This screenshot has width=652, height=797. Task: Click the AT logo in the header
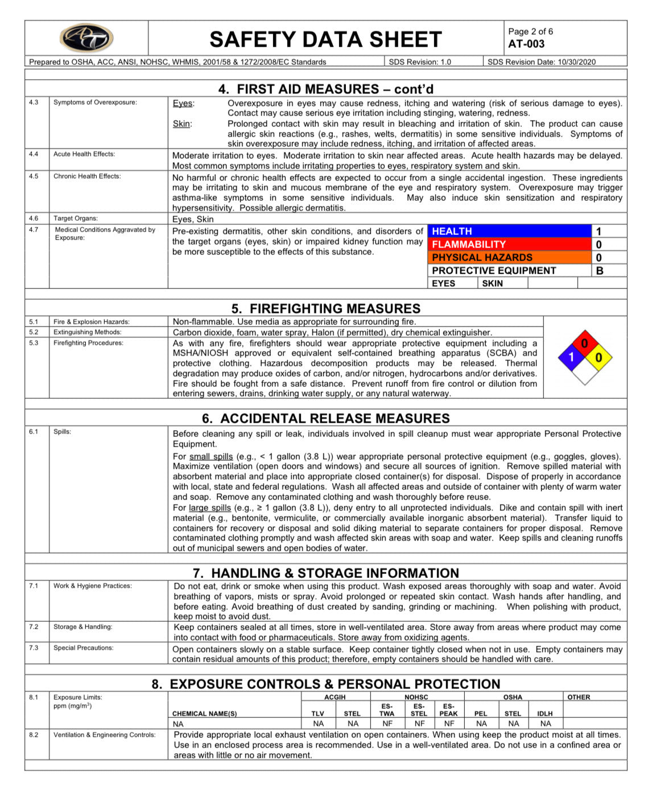point(86,39)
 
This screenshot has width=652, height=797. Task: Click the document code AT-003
point(526,44)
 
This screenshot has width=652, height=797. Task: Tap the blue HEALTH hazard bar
point(509,231)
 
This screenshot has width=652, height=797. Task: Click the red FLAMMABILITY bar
point(509,244)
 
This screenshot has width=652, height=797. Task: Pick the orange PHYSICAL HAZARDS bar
point(509,257)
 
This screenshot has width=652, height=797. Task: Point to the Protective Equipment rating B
point(599,271)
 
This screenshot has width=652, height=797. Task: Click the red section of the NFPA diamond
point(584,344)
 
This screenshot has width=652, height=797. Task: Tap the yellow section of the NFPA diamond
point(598,357)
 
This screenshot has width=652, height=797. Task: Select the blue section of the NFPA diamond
point(571,357)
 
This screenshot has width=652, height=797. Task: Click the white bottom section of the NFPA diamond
point(584,371)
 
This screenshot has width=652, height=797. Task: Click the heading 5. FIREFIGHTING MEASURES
point(325,308)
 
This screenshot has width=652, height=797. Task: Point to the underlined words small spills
point(211,456)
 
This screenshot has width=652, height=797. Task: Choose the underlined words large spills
point(209,507)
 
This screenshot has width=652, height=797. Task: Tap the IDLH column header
point(544,713)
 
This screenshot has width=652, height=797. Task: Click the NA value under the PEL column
point(481,724)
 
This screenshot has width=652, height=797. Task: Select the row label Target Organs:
point(76,218)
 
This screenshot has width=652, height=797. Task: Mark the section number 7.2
point(34,627)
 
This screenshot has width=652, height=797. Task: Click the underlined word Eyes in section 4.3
point(183,104)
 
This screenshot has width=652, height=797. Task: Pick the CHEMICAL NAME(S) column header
point(204,713)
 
